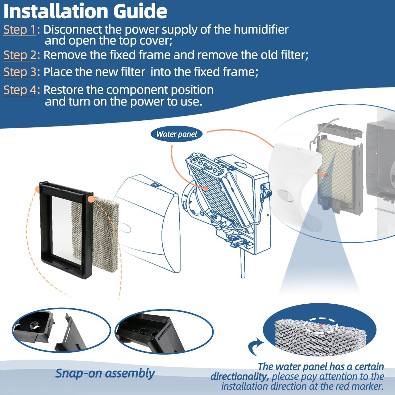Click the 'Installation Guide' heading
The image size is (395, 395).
coord(85,11)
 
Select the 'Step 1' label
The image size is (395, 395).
coord(20,30)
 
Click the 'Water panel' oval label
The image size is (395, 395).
coord(177,134)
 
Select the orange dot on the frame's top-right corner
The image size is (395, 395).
coord(90,199)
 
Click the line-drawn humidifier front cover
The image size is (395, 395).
coord(148,222)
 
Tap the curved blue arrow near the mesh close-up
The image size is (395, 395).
coord(256,347)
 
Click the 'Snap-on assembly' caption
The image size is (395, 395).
coord(105,373)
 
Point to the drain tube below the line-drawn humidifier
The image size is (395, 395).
coord(243,265)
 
